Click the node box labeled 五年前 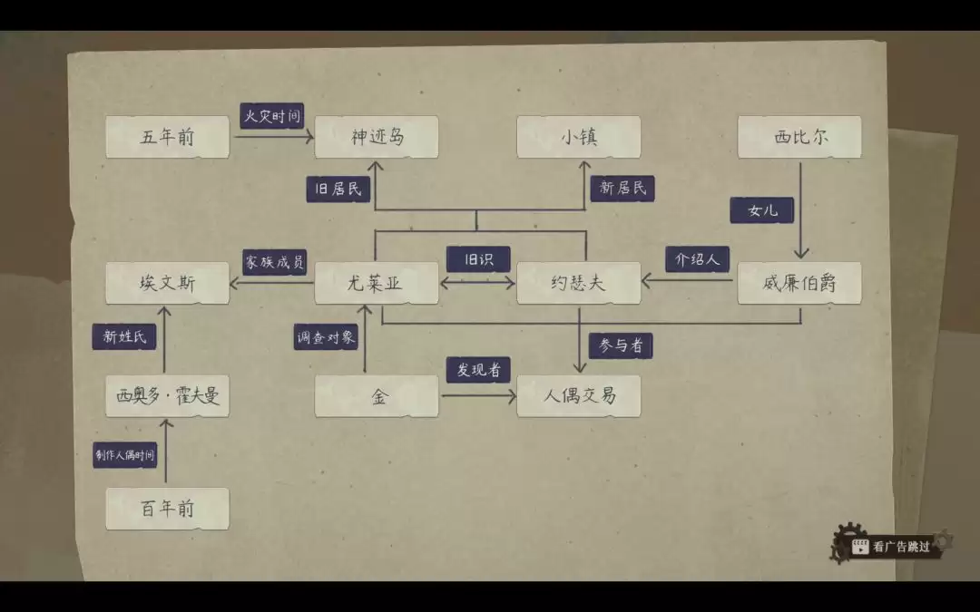click(x=168, y=137)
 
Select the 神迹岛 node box click(x=377, y=137)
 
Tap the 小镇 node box click(x=579, y=137)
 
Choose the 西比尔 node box click(x=799, y=137)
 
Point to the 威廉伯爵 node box click(x=799, y=283)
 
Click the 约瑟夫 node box click(x=579, y=283)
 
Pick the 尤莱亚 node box click(x=377, y=283)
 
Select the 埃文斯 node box click(x=168, y=283)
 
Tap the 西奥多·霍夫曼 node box click(x=168, y=396)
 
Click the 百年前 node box click(x=168, y=509)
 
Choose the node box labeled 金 click(x=377, y=396)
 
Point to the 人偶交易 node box click(x=579, y=396)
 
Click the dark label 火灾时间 click(x=272, y=115)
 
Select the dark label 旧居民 click(x=338, y=189)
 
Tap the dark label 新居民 click(x=622, y=188)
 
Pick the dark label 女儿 click(x=762, y=209)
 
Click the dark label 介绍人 click(x=698, y=259)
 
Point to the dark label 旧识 click(x=478, y=259)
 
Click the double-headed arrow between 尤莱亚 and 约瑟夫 click(x=477, y=283)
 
